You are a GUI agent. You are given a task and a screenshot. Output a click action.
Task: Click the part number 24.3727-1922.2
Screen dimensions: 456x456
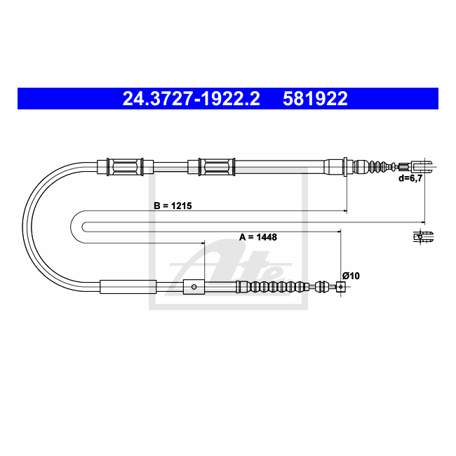191,99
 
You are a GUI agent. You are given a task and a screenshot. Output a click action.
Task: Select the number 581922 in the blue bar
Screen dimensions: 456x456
315,99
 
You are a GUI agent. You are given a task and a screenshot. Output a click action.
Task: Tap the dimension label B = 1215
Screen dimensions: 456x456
173,206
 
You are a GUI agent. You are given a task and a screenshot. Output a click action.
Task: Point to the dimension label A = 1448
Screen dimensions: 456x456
258,237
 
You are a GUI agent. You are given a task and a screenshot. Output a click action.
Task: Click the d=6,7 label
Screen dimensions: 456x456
410,178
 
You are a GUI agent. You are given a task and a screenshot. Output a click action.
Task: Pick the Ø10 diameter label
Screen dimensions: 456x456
351,276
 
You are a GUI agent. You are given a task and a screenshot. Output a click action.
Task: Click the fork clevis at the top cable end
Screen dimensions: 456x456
421,167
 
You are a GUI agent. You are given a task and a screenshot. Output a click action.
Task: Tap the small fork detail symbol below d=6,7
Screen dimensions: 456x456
423,236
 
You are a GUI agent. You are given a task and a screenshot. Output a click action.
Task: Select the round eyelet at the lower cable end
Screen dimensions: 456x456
341,287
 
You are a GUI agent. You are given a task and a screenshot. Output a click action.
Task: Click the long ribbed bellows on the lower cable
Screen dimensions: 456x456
272,287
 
